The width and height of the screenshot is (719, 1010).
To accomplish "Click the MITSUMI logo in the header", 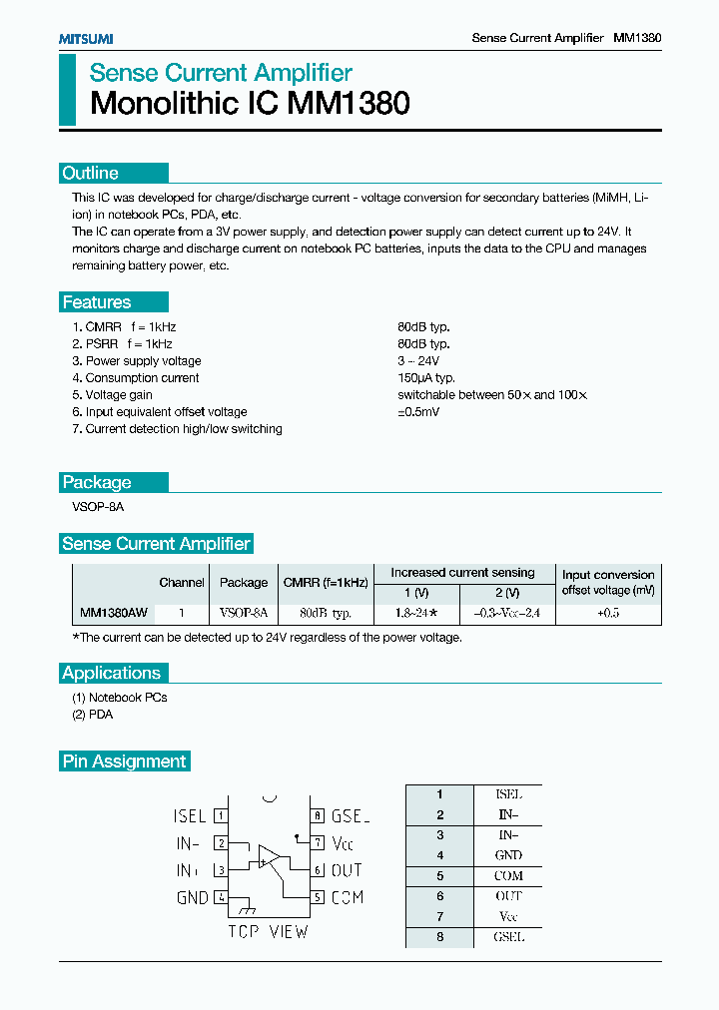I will (x=85, y=38).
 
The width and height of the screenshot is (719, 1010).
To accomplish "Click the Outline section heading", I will (x=91, y=173).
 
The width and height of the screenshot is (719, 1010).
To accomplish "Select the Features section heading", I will (x=97, y=302).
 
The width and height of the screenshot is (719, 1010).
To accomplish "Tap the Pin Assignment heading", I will (x=125, y=761).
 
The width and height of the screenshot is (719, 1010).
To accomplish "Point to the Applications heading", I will (x=112, y=673).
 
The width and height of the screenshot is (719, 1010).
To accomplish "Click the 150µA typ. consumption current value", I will (x=426, y=378).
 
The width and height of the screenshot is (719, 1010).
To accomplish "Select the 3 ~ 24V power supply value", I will (x=418, y=361).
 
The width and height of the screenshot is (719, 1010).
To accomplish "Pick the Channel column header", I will (x=182, y=583).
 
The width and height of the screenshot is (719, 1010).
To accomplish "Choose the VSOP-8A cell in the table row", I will (x=244, y=613).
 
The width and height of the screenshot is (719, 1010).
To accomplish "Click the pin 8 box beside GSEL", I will (x=316, y=815).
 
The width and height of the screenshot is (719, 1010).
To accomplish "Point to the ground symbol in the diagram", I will (x=246, y=909).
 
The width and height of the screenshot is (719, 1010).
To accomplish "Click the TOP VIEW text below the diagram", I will (x=268, y=932).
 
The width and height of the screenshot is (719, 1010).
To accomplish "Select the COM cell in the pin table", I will (x=508, y=876).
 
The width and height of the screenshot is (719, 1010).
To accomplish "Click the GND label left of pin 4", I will (x=193, y=897).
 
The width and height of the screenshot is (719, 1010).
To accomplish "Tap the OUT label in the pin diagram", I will (x=347, y=870).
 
